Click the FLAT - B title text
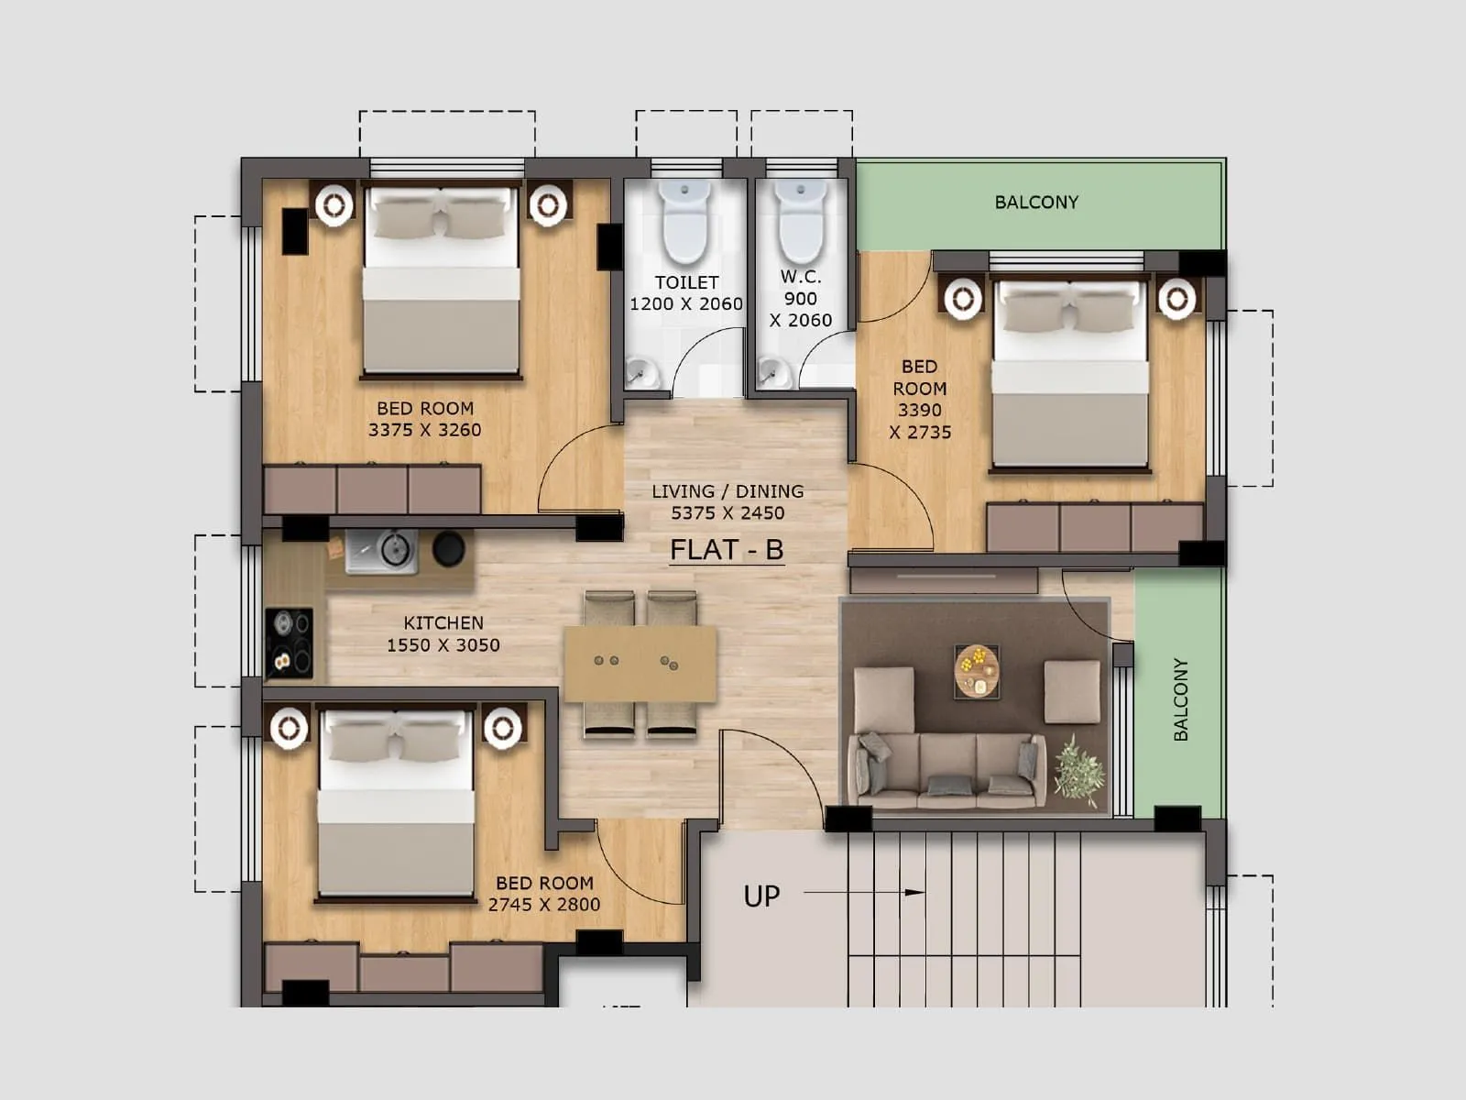click(727, 549)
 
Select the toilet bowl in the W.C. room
click(801, 223)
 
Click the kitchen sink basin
click(392, 550)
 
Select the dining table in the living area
click(640, 664)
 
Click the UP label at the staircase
click(761, 896)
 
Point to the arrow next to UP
click(865, 892)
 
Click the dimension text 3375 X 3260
click(424, 430)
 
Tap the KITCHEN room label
click(443, 622)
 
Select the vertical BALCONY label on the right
click(1180, 699)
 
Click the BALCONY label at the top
click(1036, 202)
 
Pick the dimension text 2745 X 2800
click(544, 905)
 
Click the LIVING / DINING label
click(728, 491)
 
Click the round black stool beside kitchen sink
click(449, 549)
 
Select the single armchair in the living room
click(1072, 692)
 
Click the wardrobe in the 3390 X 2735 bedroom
click(1095, 527)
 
